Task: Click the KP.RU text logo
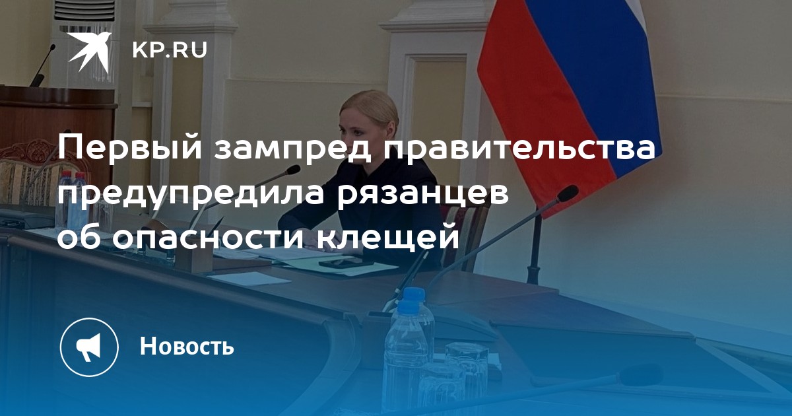pos(170,50)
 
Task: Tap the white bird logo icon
pos(90,51)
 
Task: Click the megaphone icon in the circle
pos(88,347)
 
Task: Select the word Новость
pos(187,345)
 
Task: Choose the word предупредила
pos(191,195)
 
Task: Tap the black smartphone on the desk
pos(341,263)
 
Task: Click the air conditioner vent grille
pos(84,11)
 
